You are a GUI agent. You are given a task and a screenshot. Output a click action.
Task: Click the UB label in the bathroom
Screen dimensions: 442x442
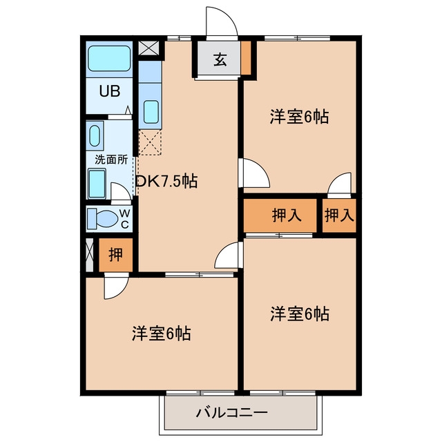[x=110, y=91]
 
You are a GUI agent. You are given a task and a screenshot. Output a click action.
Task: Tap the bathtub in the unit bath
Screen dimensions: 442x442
[x=109, y=58]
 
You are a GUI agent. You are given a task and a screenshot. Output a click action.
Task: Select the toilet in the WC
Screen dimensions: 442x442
[x=103, y=218]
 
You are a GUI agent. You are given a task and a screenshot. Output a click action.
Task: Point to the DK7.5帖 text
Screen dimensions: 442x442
[x=166, y=181]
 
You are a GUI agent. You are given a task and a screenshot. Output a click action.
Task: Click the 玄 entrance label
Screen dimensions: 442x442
[x=220, y=59]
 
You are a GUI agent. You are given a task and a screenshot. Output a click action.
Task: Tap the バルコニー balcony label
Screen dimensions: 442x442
[x=232, y=413]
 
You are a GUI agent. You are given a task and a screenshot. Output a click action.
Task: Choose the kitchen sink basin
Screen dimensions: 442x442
[x=151, y=112]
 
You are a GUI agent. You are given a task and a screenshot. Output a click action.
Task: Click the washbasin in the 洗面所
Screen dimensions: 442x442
[x=95, y=136]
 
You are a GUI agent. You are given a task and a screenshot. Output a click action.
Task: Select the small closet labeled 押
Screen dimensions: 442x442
[x=115, y=255]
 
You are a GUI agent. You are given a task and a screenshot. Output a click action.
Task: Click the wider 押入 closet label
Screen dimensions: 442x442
[x=287, y=215]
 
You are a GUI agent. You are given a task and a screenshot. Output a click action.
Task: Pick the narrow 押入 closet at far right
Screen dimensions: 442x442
[x=339, y=215]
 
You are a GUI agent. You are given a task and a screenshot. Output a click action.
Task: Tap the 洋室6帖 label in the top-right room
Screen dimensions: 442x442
[x=299, y=117]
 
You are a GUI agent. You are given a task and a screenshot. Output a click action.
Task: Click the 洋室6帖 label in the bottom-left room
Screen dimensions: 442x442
[x=161, y=334]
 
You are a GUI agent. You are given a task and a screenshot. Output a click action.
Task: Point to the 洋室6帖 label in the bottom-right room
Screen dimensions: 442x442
[x=300, y=314]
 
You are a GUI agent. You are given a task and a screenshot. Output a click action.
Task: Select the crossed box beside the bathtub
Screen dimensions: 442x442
[x=149, y=48]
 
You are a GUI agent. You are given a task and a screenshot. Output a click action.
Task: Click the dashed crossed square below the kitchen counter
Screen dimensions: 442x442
[x=150, y=142]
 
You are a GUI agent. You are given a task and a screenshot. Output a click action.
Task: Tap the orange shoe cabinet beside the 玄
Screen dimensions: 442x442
[x=246, y=58]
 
